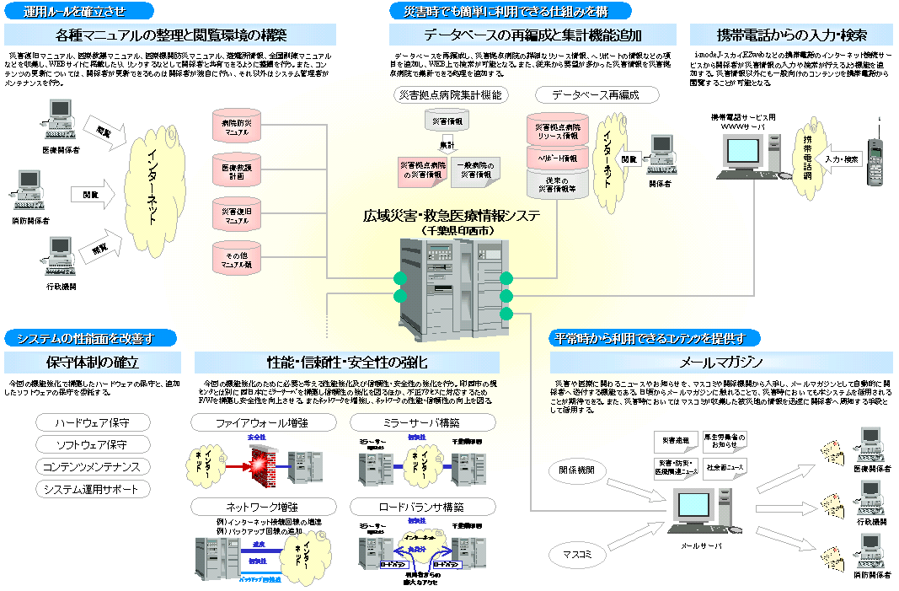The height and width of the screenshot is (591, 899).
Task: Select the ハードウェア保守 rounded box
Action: [x=92, y=422]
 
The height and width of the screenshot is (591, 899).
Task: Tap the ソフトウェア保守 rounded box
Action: [x=92, y=444]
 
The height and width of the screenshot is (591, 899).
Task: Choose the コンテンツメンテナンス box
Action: [x=92, y=466]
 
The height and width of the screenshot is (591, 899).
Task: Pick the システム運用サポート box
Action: [x=92, y=489]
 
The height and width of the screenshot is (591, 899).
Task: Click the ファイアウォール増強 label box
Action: [x=260, y=422]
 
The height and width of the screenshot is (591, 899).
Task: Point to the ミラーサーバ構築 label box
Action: [x=416, y=422]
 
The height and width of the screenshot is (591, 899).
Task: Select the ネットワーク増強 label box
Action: [x=260, y=508]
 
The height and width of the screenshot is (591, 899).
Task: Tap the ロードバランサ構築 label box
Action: [x=416, y=508]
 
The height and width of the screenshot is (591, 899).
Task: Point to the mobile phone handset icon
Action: [x=876, y=160]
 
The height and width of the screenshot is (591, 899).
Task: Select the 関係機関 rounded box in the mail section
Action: [x=577, y=469]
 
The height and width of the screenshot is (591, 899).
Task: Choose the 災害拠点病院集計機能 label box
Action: [x=452, y=95]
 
